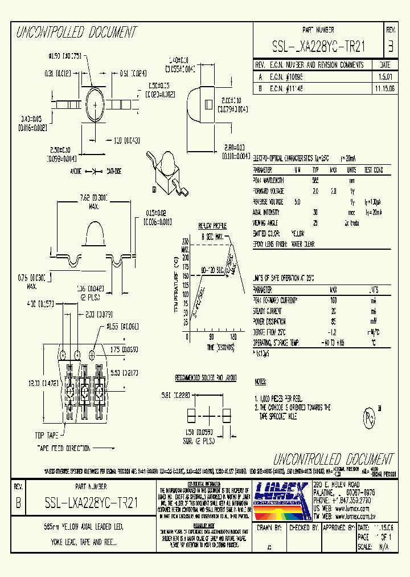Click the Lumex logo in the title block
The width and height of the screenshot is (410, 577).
click(x=281, y=500)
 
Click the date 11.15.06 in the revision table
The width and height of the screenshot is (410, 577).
click(x=384, y=89)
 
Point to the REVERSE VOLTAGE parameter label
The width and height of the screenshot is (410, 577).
click(x=268, y=202)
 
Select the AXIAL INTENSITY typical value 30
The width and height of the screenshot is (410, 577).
click(x=315, y=213)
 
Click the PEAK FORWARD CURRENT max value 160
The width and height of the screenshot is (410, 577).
click(x=334, y=299)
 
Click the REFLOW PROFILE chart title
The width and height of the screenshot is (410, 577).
click(x=212, y=226)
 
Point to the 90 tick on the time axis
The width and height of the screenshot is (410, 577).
click(x=211, y=337)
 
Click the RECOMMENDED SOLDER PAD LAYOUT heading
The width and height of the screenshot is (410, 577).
click(x=206, y=378)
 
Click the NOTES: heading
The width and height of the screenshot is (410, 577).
click(x=260, y=381)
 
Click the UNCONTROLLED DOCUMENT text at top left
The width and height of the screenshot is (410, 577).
click(x=76, y=32)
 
